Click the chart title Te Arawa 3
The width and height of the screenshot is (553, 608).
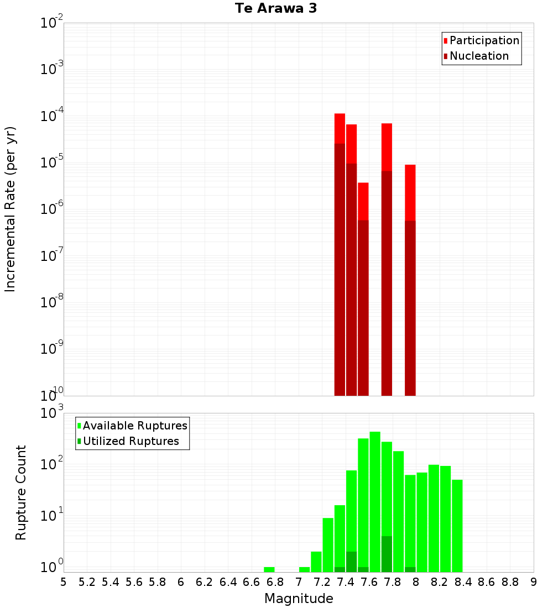click(x=276, y=9)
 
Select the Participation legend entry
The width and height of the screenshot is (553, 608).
click(x=484, y=41)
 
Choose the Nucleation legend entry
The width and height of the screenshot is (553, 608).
click(x=479, y=56)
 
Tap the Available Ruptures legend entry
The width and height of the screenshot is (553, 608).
click(x=135, y=426)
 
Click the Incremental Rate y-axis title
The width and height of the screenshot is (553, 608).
click(x=11, y=209)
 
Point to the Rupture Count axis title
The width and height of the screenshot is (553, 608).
click(x=21, y=492)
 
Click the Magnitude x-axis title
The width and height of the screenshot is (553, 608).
click(x=299, y=599)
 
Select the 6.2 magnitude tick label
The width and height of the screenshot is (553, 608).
click(x=204, y=582)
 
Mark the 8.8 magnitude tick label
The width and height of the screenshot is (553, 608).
click(x=510, y=582)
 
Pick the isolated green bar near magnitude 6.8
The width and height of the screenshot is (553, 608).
click(x=269, y=569)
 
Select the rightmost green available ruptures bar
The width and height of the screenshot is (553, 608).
click(x=457, y=525)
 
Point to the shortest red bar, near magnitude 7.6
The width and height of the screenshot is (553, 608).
click(x=363, y=201)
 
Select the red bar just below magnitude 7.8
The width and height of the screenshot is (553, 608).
click(x=387, y=146)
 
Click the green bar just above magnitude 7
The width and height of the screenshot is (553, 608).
click(x=304, y=569)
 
